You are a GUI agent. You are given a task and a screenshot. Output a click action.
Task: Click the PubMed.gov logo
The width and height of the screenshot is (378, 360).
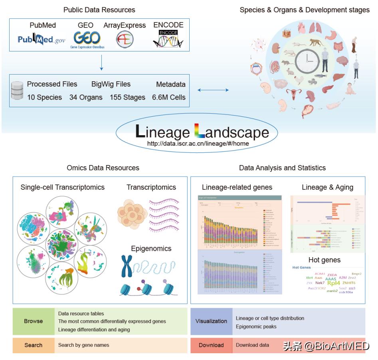pos(41,39)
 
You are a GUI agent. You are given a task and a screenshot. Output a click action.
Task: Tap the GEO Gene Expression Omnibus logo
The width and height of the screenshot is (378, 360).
pos(86,40)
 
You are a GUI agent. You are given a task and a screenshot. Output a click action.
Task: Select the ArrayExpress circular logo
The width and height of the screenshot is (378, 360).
pos(125,40)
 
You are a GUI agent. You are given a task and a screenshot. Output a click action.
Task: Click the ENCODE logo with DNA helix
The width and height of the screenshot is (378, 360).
pos(168,39)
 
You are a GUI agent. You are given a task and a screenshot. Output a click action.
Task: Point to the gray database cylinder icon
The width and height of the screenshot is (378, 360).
pos(17,90)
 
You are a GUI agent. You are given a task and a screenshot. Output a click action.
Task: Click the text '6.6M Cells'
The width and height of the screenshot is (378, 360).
pos(169,97)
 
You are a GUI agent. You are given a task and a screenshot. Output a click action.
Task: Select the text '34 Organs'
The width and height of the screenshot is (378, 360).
pos(86,97)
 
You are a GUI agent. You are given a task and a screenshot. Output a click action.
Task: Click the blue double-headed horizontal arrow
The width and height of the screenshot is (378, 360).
pos(213,90)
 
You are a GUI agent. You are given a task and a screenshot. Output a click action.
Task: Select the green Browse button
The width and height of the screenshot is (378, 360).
pos(33,321)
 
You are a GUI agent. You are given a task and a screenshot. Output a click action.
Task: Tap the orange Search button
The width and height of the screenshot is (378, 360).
pos(33,345)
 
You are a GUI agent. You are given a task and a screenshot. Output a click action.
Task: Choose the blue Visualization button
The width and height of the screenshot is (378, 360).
pos(211,321)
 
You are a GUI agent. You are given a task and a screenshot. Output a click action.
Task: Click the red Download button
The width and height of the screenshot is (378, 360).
pos(211,345)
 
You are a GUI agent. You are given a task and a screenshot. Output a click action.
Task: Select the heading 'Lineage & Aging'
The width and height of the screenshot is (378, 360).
pos(327,187)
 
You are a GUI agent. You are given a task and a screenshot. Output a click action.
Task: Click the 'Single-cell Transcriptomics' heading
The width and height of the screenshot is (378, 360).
pos(63,187)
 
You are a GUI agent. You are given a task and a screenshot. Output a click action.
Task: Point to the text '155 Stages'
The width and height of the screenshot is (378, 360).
pos(127,97)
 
